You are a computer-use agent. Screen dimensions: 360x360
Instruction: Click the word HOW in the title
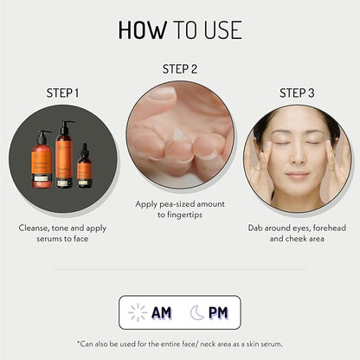pos(143,30)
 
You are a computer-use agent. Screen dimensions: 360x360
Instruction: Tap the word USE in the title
pos(223,30)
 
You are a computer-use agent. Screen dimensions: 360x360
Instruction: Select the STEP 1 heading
pos(62,93)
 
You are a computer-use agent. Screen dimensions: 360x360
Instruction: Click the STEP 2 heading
pos(180,69)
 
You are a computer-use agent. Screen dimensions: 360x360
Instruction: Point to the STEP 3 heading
pos(297,93)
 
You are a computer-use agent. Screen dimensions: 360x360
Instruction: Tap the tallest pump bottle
pos(64,154)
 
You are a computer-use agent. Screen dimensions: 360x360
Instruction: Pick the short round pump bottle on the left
pos(42,159)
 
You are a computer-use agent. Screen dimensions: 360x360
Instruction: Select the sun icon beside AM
pos(138,312)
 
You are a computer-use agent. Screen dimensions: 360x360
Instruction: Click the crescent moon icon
pos(196,312)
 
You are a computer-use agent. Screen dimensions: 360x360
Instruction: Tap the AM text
pos(162,312)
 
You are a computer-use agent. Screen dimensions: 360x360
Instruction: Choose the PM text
pos(218,312)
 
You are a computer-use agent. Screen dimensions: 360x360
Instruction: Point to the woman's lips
pos(298,175)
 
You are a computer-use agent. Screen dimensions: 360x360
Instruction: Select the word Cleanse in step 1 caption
pos(34,228)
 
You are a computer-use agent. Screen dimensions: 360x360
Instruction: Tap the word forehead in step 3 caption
pos(330,228)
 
